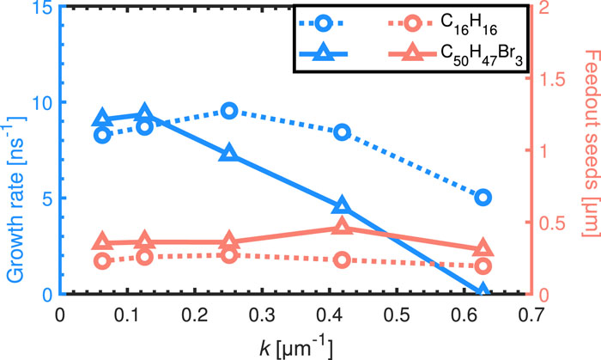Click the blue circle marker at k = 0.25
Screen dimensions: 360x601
point(228,111)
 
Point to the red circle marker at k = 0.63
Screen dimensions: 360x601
point(483,266)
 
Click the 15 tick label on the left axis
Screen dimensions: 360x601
point(35,8)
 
